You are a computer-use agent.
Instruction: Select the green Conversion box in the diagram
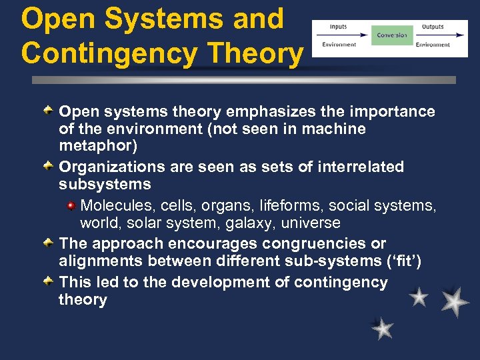coord(392,35)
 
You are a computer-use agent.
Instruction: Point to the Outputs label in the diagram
coord(433,27)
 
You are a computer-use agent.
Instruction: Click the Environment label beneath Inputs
coord(339,45)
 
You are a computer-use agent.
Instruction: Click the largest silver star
coord(454,301)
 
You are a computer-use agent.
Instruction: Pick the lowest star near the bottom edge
coord(383,328)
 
